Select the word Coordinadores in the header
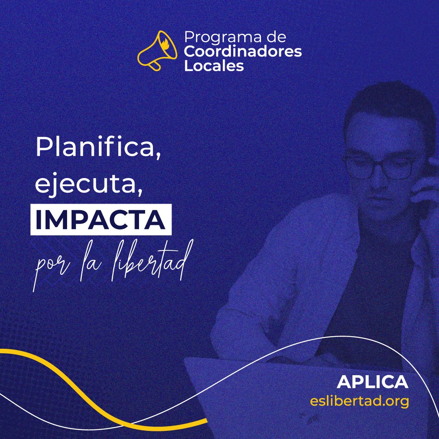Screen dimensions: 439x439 click(243, 52)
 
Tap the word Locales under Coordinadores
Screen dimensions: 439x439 click(214, 66)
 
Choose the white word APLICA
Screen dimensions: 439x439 click(372, 382)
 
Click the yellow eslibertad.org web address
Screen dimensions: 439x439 click(359, 401)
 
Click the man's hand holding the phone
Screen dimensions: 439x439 click(427, 191)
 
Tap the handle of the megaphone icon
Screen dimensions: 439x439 click(154, 65)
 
